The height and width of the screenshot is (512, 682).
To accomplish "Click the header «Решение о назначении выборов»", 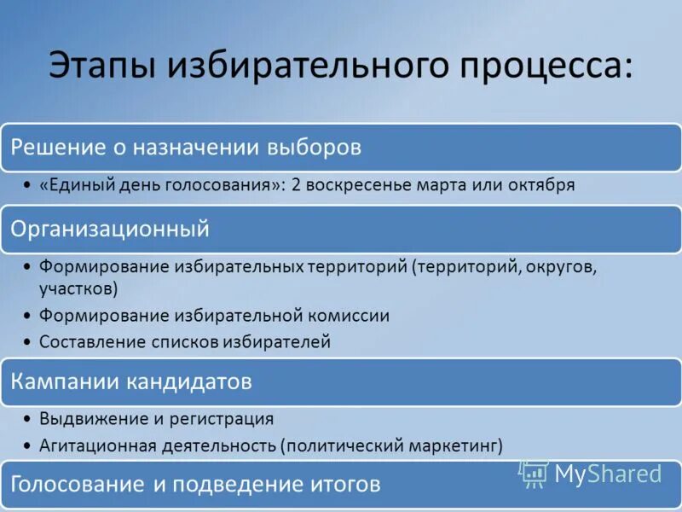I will click(186, 148).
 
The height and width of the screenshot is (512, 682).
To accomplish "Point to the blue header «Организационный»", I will click(109, 230).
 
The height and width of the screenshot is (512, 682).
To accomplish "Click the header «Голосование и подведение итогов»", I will click(194, 485).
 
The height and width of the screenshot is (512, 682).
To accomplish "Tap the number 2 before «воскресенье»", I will click(296, 185).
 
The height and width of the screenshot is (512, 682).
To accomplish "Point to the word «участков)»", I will click(78, 288).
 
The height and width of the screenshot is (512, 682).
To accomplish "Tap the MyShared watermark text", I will click(608, 474).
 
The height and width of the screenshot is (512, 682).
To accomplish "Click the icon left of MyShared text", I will click(534, 474).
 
